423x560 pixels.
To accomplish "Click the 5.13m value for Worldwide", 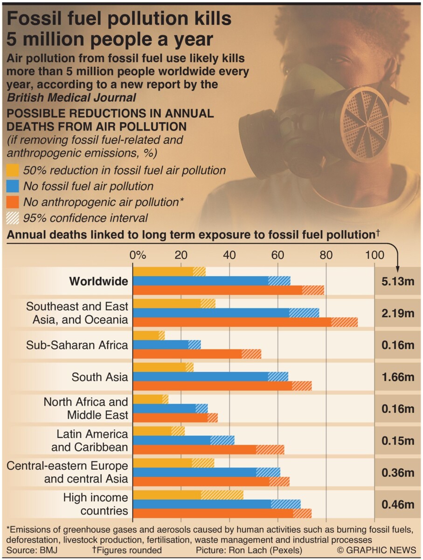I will (398, 281).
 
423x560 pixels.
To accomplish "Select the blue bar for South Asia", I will (210, 377).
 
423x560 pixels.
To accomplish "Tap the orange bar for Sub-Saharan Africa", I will (196, 354).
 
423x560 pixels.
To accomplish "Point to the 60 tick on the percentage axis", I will (277, 255).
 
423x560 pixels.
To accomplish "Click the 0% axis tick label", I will (138, 255).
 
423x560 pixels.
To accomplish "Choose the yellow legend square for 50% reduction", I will (14, 170).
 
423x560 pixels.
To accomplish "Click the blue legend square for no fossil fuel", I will (14, 186).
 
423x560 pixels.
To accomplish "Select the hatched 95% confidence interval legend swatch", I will (14, 217).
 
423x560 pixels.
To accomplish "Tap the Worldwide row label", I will (98, 281).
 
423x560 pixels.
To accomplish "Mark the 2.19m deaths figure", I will (398, 313).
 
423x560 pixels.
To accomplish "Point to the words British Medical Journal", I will (71, 98).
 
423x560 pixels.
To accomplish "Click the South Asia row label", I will (99, 377).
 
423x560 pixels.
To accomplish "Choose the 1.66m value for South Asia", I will (398, 377).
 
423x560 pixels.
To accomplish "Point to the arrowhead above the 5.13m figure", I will (398, 269).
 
